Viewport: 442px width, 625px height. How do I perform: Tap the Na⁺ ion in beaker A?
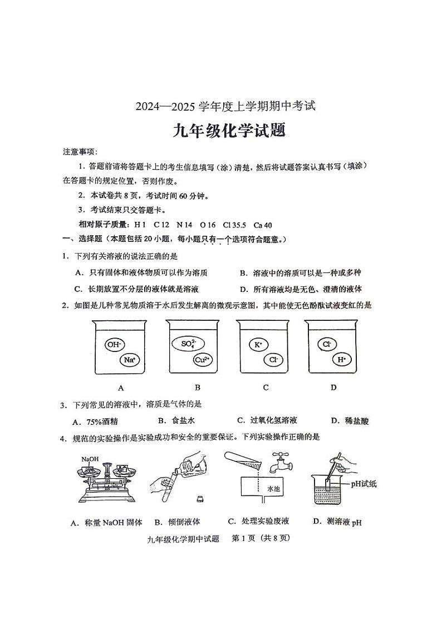[130, 360]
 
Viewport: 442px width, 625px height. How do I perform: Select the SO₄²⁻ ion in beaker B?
[188, 344]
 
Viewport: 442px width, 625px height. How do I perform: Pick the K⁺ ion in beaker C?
[258, 345]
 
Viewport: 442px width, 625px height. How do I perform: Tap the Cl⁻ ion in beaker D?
[327, 345]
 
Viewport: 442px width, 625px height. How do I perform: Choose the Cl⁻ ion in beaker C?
[273, 360]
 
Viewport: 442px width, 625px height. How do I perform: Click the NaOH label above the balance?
[90, 459]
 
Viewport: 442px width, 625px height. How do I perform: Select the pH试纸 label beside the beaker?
[364, 483]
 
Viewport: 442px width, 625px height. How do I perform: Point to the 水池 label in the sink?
[273, 488]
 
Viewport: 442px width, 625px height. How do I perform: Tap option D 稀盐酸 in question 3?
[350, 421]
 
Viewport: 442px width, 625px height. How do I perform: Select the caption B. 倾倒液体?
[177, 522]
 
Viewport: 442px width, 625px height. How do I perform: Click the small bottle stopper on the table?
[199, 498]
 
